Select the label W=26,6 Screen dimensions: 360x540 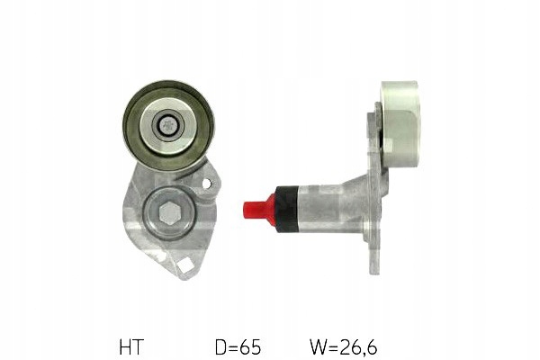tap(343, 345)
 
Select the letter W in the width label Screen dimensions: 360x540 tap(317, 345)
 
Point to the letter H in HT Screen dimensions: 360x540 tap(125, 345)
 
